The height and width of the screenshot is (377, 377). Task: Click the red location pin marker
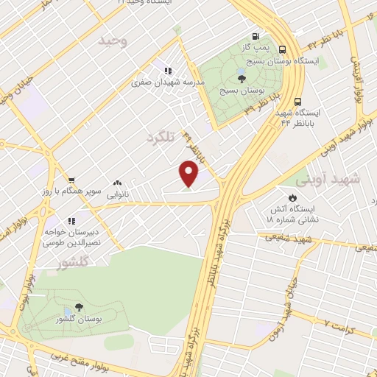click(x=189, y=174)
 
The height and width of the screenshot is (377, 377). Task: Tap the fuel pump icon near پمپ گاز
click(x=256, y=35)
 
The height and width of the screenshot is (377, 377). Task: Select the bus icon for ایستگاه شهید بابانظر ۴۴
click(x=297, y=102)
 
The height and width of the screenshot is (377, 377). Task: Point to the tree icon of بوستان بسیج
click(x=242, y=77)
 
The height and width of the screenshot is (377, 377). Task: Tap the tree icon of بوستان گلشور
click(x=79, y=307)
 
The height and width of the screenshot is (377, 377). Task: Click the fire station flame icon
click(x=293, y=198)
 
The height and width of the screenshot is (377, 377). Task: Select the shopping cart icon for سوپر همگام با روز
click(x=71, y=180)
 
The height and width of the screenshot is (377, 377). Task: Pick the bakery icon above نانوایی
click(x=117, y=183)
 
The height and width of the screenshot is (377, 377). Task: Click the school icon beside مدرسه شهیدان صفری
click(x=168, y=71)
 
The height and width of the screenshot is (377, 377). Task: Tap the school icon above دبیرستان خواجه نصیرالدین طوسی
click(x=71, y=220)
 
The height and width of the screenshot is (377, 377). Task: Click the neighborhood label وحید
click(x=113, y=41)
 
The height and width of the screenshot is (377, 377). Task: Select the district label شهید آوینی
click(x=325, y=179)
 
